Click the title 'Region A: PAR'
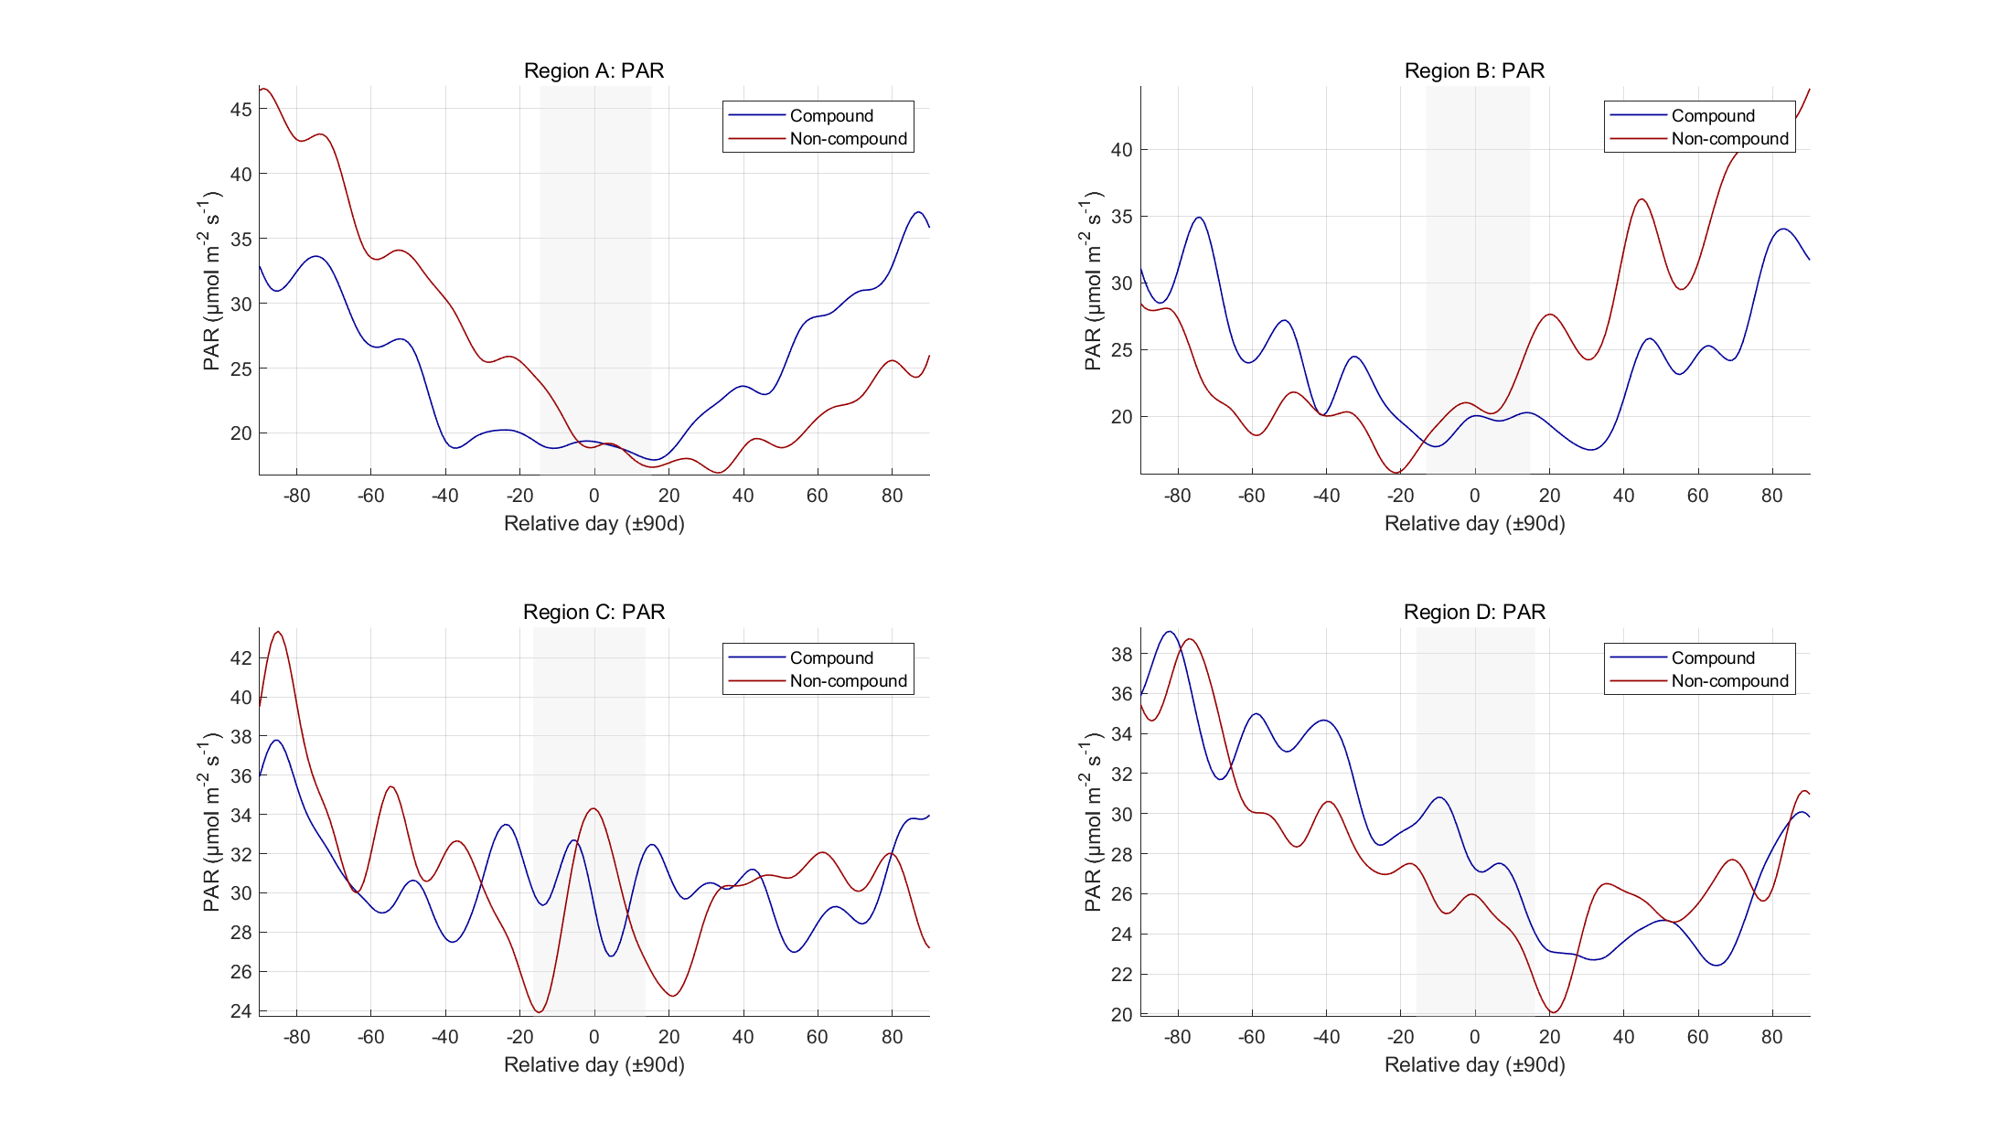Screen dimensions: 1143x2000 coord(594,70)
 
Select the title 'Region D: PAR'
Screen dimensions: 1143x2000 coord(1474,612)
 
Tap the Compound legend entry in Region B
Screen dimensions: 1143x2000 coord(1712,116)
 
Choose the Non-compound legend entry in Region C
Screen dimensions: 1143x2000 coord(848,681)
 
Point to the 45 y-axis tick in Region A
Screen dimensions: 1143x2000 coord(241,109)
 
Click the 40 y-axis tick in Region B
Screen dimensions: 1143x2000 coord(1121,150)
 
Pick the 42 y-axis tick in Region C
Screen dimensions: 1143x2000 coord(241,657)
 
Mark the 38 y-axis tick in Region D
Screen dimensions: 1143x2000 coord(1121,654)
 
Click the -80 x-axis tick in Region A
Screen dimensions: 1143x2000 coord(296,496)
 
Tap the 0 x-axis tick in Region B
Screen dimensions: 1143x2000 coord(1474,496)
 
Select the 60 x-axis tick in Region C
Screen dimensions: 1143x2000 coord(817,1037)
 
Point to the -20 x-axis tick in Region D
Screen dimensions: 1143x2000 coord(1400,1037)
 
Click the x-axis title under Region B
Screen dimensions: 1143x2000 coord(1474,523)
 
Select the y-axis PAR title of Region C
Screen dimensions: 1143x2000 coord(211,821)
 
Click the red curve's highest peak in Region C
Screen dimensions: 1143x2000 coord(279,632)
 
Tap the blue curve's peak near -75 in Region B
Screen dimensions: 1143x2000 coord(1199,218)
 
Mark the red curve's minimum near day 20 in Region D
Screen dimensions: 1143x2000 coord(1553,1012)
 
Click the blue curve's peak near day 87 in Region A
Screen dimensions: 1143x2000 coord(918,212)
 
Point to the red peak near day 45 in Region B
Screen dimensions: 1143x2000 coord(1642,199)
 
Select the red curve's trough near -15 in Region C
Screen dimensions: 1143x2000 coord(540,1012)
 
